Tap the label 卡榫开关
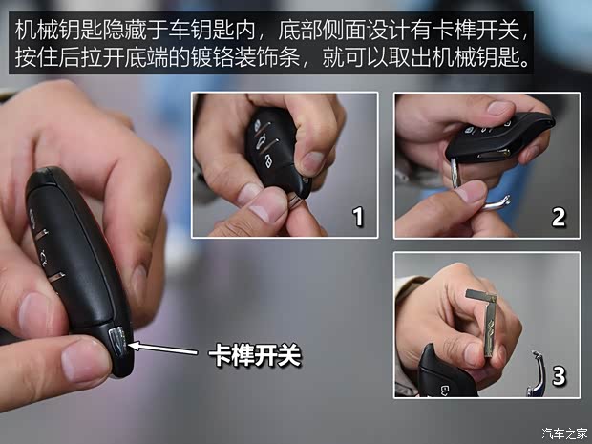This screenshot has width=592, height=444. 255,356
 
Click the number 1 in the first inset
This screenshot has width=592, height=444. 358,217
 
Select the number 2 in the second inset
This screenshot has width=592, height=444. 559,217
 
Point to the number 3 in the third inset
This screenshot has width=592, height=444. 559,376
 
